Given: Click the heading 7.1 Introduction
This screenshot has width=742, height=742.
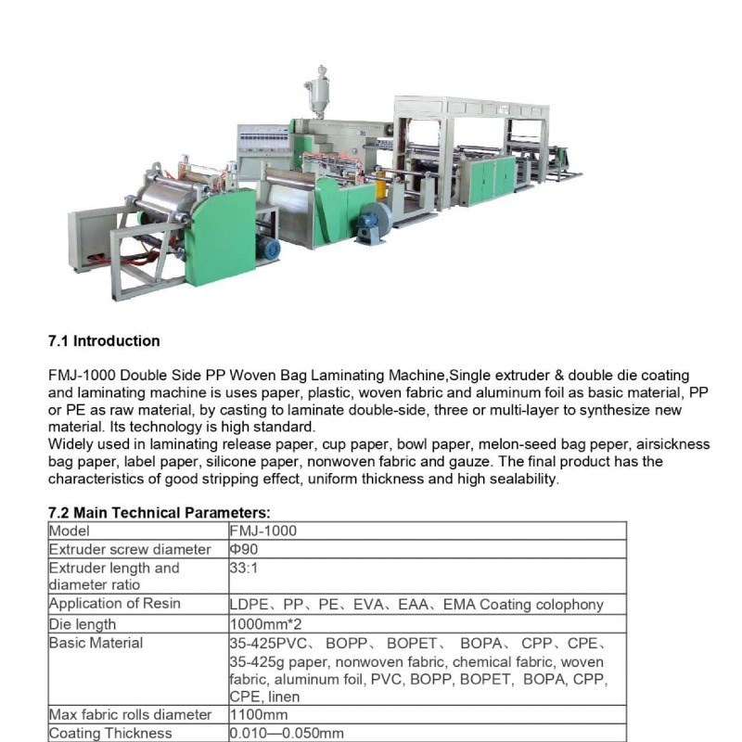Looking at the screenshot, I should (x=104, y=340).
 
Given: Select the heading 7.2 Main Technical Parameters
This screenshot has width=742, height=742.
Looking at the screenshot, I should (x=159, y=512).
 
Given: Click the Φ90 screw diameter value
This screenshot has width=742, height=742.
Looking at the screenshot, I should (x=244, y=549).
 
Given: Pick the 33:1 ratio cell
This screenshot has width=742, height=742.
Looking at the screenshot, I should (x=243, y=568).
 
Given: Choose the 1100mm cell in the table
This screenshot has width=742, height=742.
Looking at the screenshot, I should (x=259, y=714).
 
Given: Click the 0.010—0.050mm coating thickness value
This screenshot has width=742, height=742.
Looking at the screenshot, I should (x=287, y=733).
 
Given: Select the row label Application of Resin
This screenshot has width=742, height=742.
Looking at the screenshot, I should (x=114, y=604).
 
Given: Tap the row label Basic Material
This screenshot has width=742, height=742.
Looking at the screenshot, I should (x=96, y=643).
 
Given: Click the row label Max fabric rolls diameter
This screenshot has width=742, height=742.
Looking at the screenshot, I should (x=131, y=714).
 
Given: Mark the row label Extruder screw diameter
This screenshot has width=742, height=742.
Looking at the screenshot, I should (x=129, y=549).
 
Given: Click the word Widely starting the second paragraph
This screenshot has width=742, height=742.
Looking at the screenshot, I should (x=70, y=444).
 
